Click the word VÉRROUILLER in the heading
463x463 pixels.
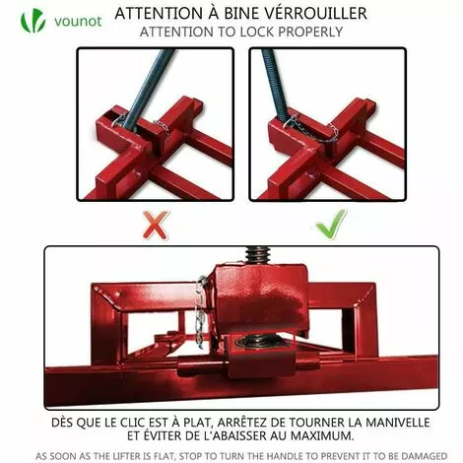tap(309, 14)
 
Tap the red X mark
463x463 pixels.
tap(156, 224)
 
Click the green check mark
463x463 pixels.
tap(330, 224)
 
